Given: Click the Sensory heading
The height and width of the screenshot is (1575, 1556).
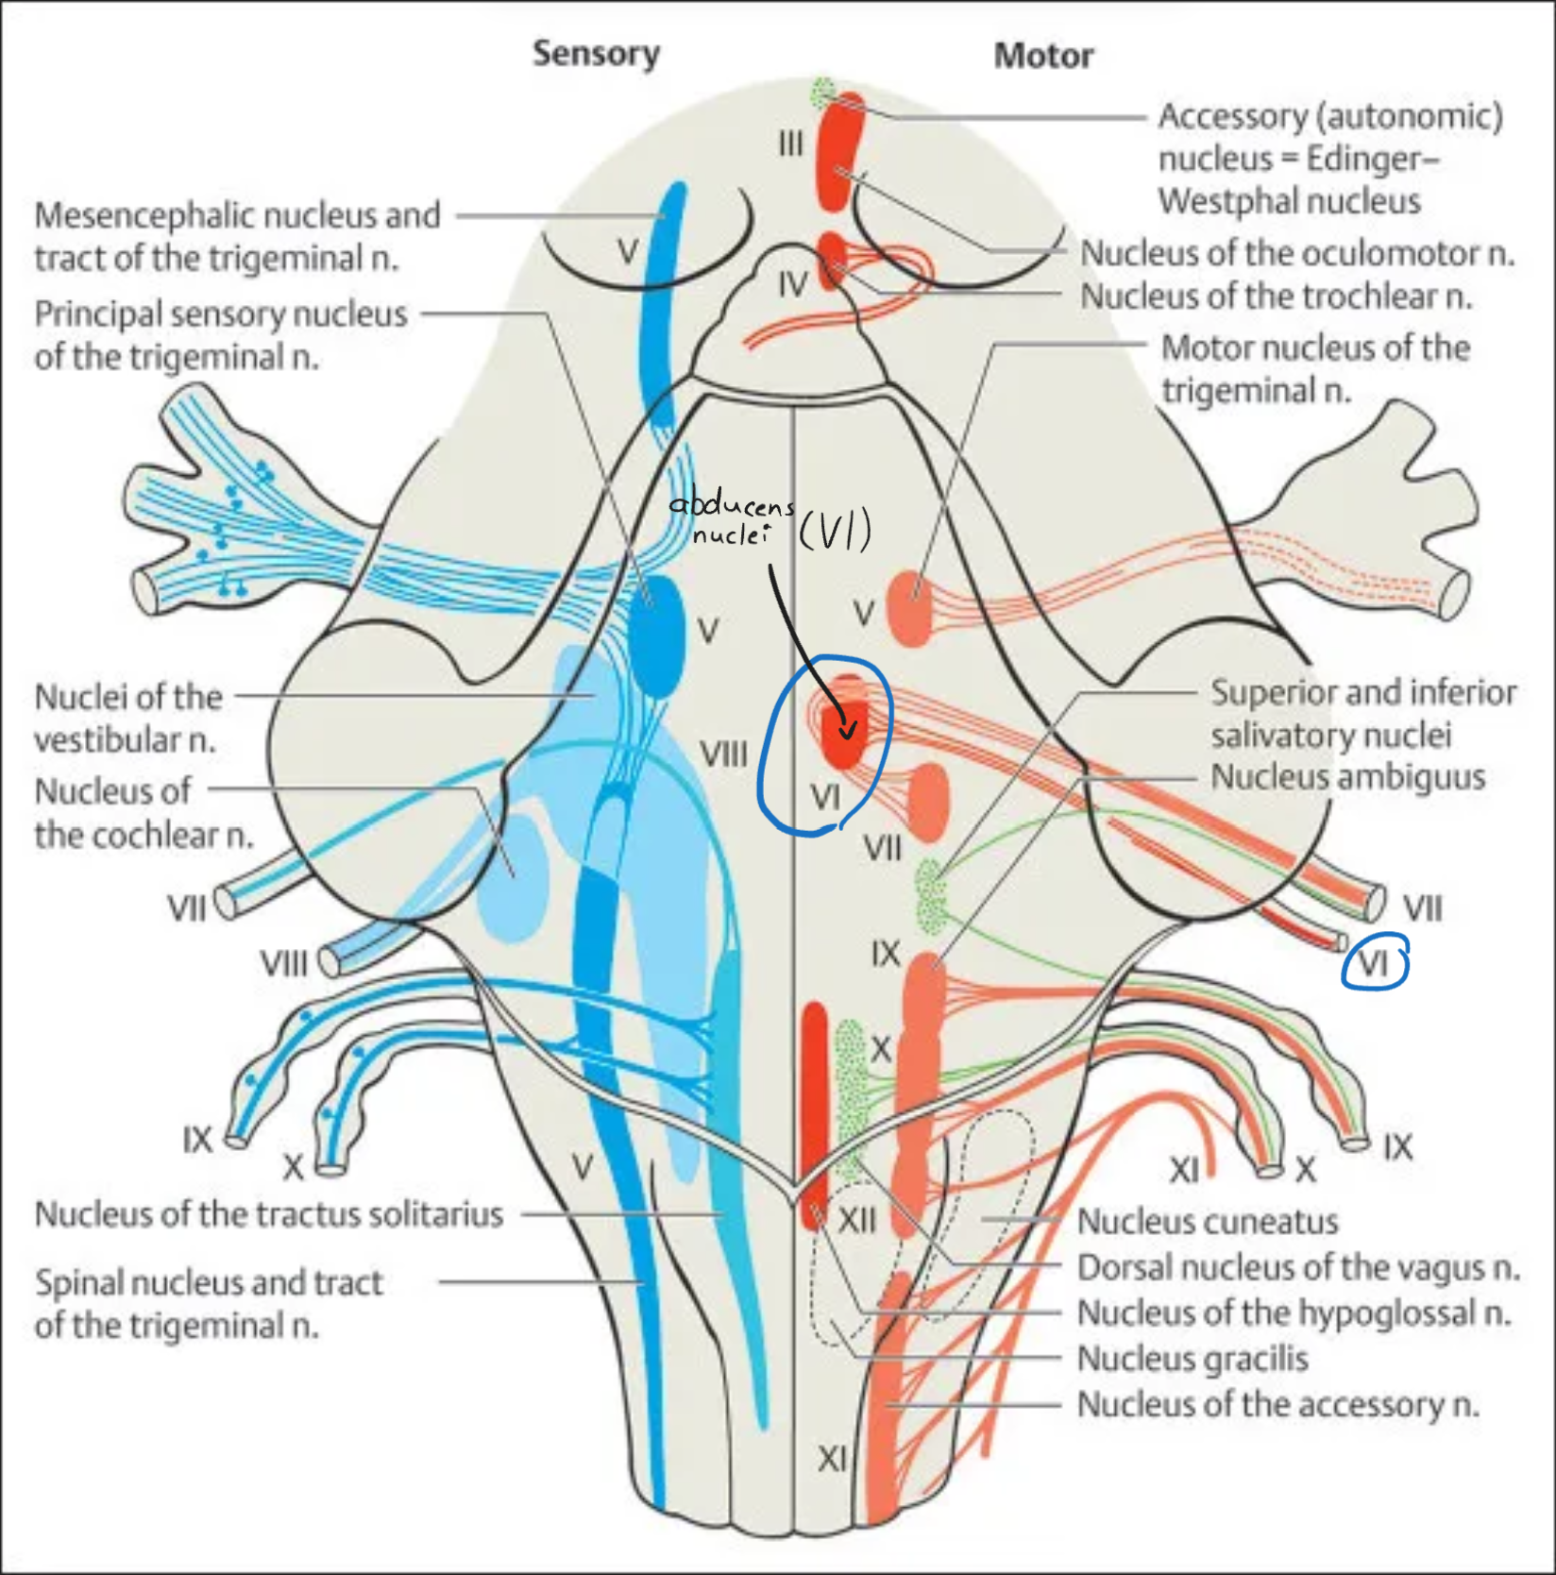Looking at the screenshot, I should click(x=596, y=54).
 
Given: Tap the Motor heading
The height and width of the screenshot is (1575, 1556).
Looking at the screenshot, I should click(x=1043, y=57).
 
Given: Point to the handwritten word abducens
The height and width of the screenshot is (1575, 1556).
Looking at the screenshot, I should click(x=731, y=505).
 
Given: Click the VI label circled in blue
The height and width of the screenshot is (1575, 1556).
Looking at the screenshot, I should click(x=1375, y=964).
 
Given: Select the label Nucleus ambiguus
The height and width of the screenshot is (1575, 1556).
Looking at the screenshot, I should click(x=1347, y=778).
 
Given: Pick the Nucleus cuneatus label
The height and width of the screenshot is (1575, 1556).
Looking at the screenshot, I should click(x=1208, y=1222).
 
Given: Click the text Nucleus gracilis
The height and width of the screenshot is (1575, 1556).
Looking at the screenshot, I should click(x=1192, y=1359).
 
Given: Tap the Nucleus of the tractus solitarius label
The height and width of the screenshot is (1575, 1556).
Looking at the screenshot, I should click(x=269, y=1214).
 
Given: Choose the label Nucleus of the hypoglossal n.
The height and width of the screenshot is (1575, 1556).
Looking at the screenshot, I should click(x=1294, y=1313).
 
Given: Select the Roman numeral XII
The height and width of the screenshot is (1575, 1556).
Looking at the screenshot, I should click(x=857, y=1221).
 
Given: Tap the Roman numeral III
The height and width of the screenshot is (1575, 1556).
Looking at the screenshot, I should click(x=790, y=144).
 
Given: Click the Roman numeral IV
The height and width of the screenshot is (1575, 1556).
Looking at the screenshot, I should click(x=793, y=283).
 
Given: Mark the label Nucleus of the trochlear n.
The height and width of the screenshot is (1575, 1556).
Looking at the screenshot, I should click(x=1277, y=296).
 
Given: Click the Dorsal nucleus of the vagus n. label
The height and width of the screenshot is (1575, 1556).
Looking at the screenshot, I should click(x=1298, y=1268).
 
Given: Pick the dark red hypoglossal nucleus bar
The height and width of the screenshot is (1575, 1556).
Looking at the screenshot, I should click(x=814, y=1114).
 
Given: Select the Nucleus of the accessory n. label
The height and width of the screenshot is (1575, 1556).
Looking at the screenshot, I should click(x=1277, y=1405).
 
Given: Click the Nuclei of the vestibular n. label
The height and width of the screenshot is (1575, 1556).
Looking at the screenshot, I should click(x=128, y=718).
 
